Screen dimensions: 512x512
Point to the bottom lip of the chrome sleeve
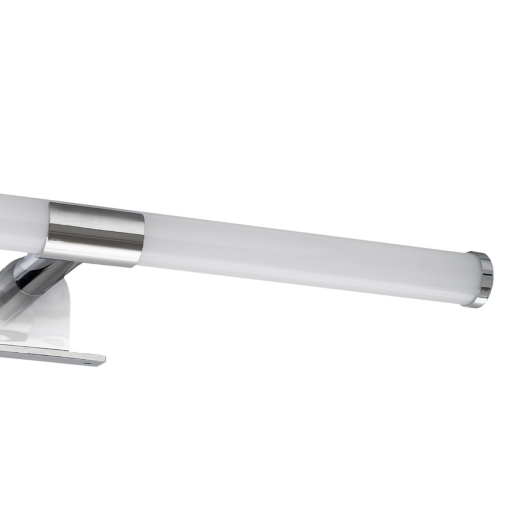tap(94, 262)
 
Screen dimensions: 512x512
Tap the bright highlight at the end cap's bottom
tap(479, 302)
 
